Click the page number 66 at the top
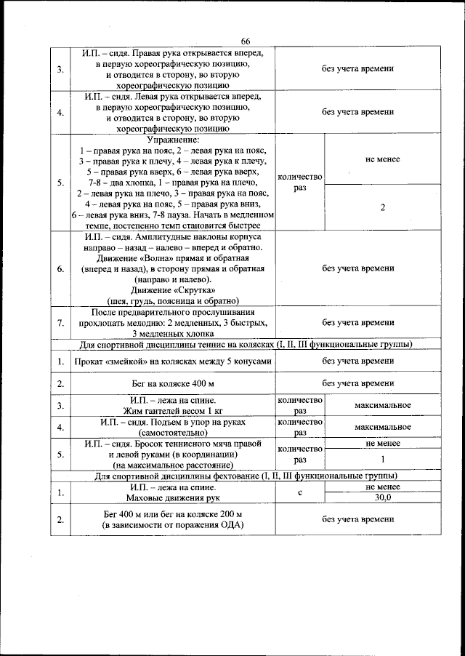click(246, 41)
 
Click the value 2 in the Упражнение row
click(382, 207)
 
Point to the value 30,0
click(382, 498)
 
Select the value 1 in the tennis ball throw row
click(382, 460)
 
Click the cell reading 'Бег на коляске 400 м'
click(173, 383)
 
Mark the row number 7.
click(60, 322)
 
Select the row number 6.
click(60, 268)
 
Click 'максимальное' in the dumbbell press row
click(383, 404)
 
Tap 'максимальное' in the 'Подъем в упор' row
click(383, 427)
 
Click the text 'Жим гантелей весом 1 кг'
click(173, 411)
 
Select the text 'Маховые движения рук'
click(173, 498)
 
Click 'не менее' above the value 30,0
click(382, 487)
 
